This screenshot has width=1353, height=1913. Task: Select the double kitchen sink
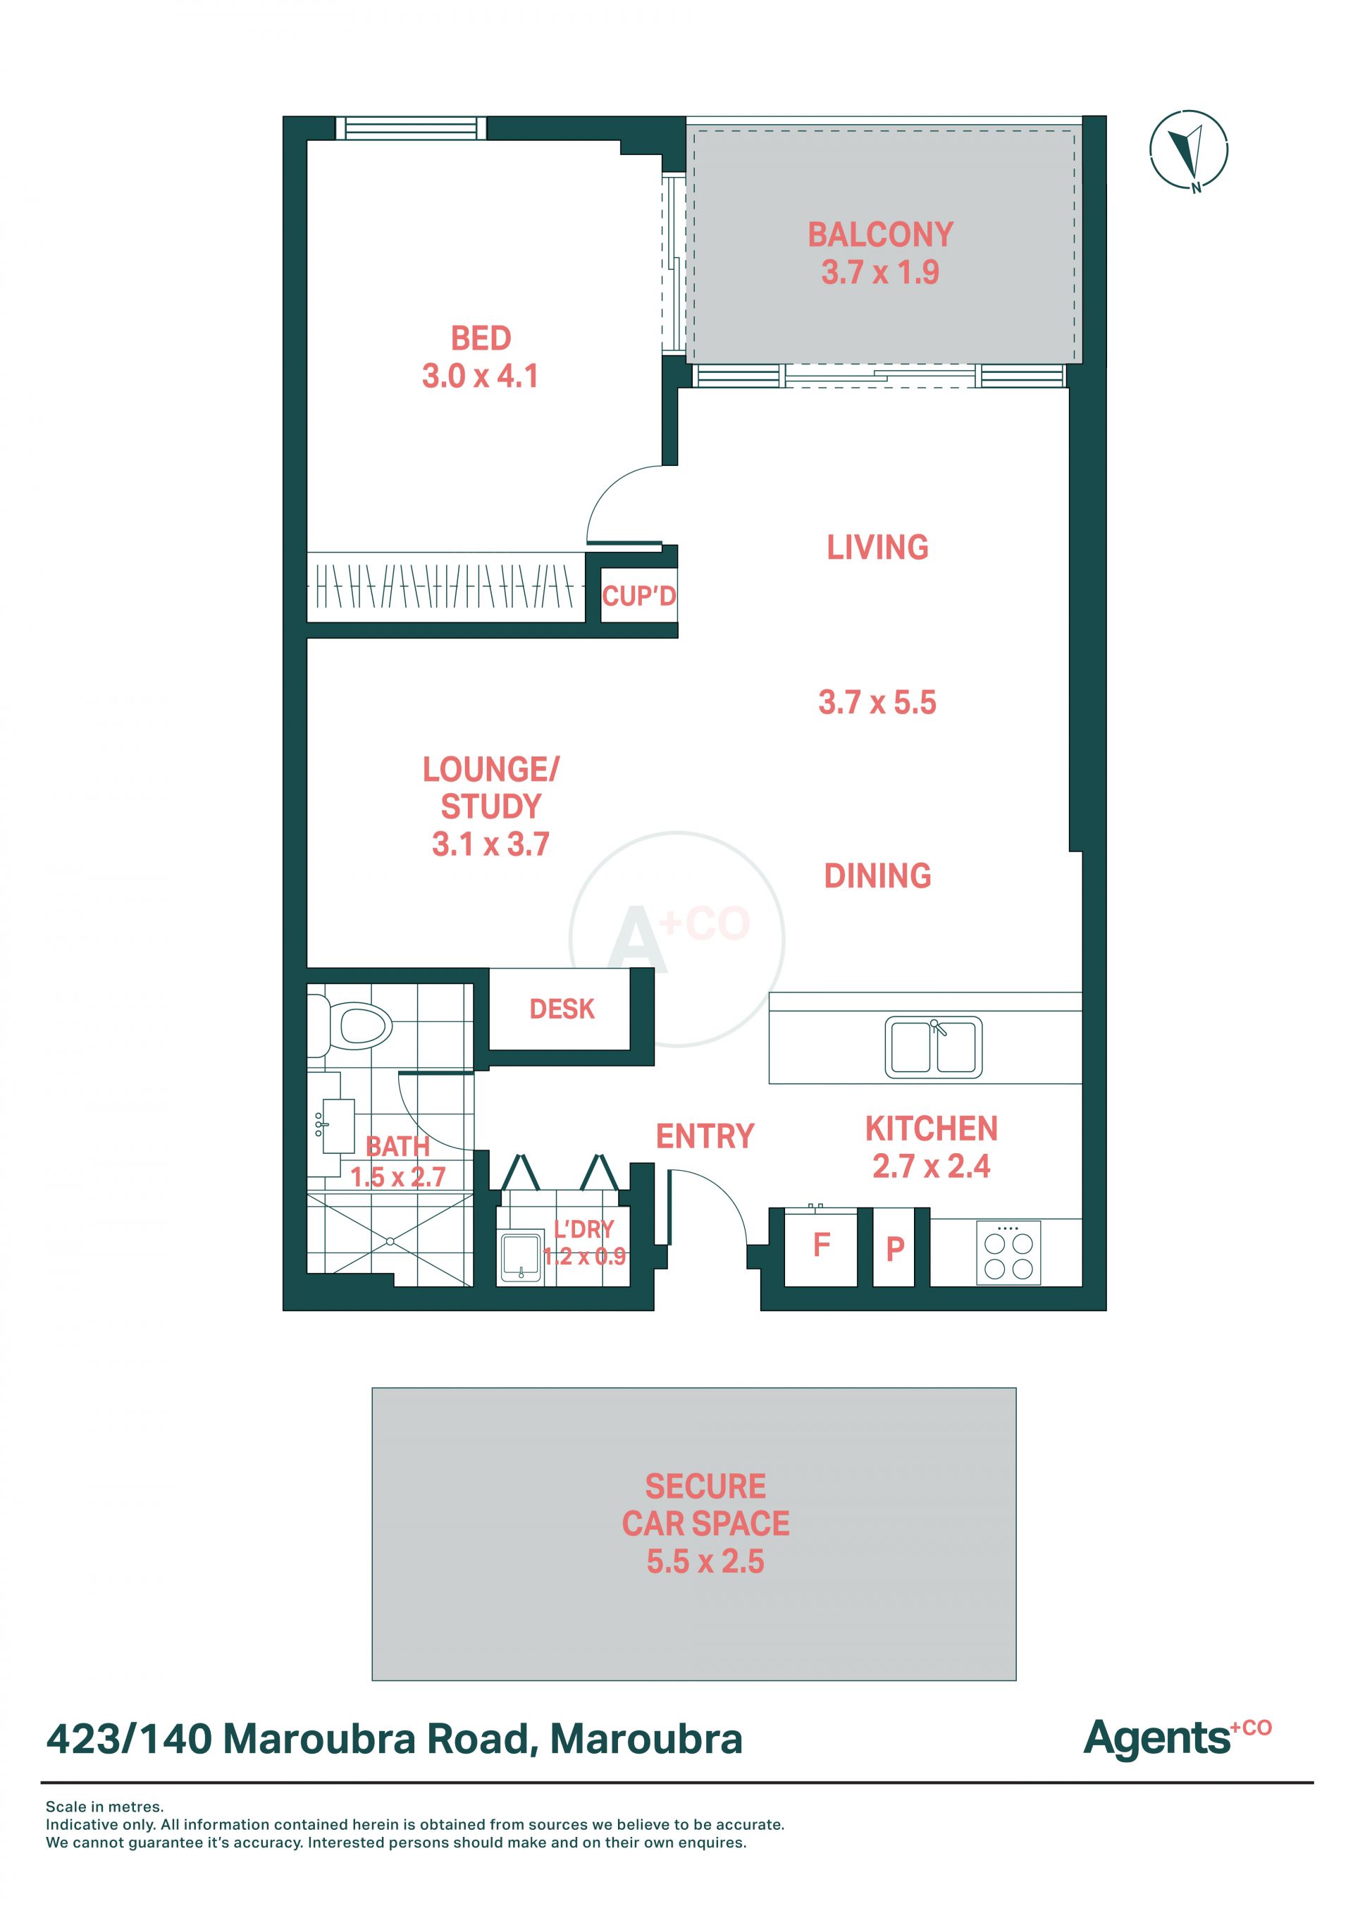[x=933, y=1047]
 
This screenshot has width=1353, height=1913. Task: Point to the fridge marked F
[x=822, y=1245]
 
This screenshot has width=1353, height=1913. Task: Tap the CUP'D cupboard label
[x=639, y=596]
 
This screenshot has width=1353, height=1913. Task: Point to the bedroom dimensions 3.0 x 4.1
[x=480, y=376]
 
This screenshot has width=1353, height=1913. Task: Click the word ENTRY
[x=705, y=1136]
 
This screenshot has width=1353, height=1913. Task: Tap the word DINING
[x=877, y=875]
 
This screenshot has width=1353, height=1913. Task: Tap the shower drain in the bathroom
[x=390, y=1241]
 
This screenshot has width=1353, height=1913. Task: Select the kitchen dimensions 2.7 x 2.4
[x=932, y=1167]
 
